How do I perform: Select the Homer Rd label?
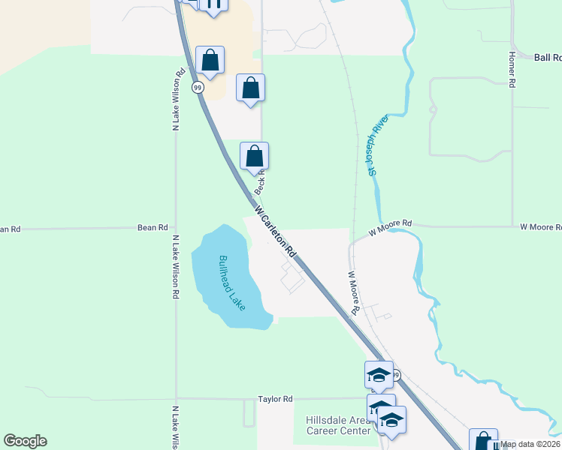512,70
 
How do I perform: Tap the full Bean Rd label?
153,227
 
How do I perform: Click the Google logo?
25,441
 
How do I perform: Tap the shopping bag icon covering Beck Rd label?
255,156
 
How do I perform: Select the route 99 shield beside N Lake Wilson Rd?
198,88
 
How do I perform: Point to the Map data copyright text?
530,445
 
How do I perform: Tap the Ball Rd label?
547,57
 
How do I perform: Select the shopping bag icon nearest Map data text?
482,441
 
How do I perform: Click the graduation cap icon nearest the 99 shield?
379,374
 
